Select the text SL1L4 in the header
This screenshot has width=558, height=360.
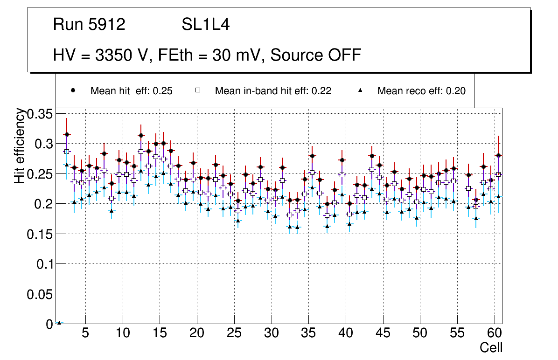click(205, 24)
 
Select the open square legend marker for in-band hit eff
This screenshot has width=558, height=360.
click(198, 90)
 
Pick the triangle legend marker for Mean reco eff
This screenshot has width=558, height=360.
click(360, 90)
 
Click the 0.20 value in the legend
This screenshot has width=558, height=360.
click(456, 91)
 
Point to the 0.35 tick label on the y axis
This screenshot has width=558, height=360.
click(41, 114)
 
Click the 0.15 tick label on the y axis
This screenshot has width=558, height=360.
click(41, 234)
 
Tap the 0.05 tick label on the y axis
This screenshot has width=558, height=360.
click(41, 294)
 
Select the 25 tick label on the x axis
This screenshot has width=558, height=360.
click(234, 334)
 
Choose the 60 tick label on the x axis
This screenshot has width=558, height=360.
click(495, 334)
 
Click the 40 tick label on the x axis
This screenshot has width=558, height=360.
click(346, 334)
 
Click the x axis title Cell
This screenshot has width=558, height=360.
click(491, 348)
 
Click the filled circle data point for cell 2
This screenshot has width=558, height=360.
click(67, 134)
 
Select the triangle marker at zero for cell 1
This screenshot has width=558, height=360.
click(59, 322)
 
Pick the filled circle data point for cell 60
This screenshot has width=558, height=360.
click(498, 155)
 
